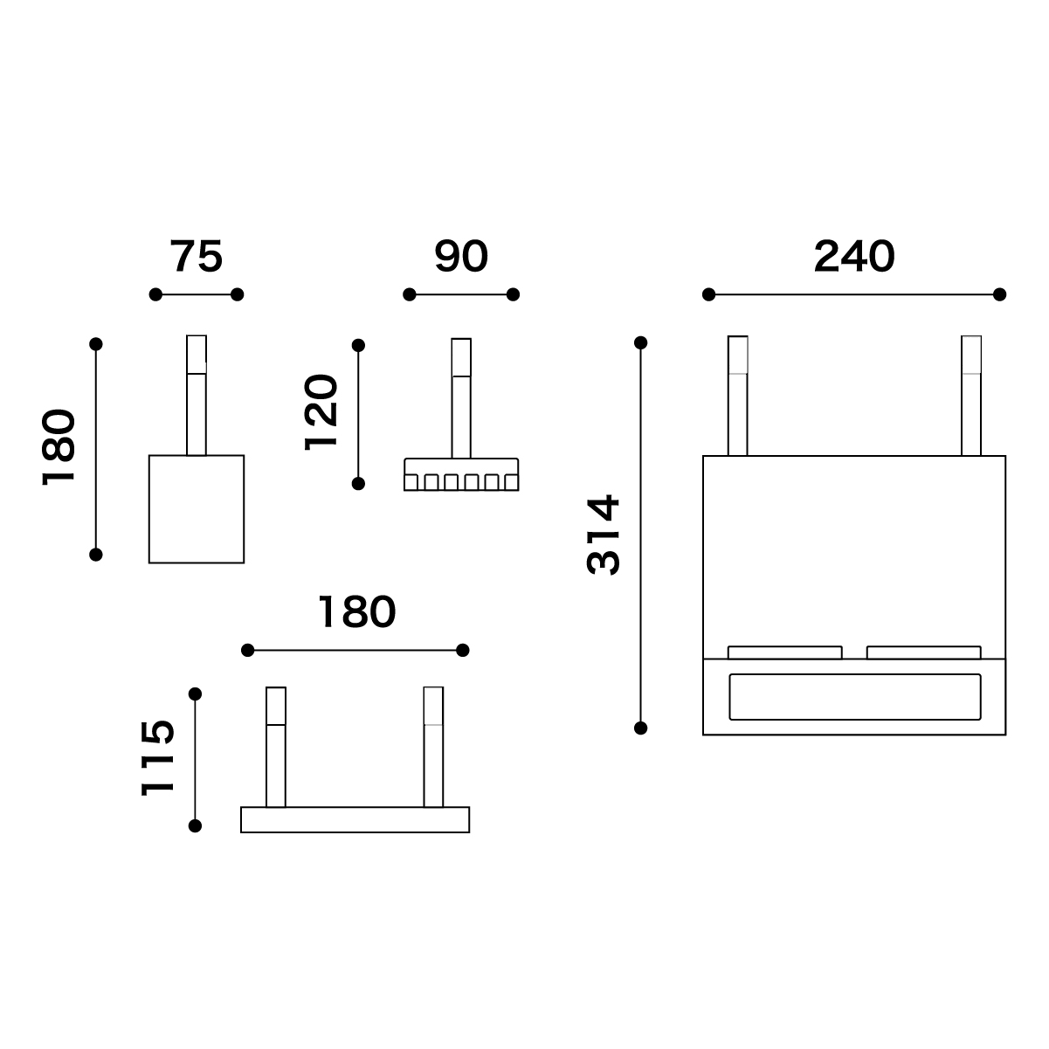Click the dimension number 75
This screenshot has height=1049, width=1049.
coord(196,256)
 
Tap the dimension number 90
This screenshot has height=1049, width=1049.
coord(461,256)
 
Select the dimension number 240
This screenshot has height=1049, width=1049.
coord(854,256)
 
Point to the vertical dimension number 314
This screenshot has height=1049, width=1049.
coord(604,535)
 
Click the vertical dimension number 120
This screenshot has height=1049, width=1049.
coord(321,412)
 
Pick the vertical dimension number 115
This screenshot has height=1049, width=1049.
coord(157,758)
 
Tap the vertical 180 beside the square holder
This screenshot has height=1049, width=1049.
coord(59,447)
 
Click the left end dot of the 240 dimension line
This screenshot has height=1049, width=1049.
coord(708,294)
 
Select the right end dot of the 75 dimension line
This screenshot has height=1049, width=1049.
coord(237,294)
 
